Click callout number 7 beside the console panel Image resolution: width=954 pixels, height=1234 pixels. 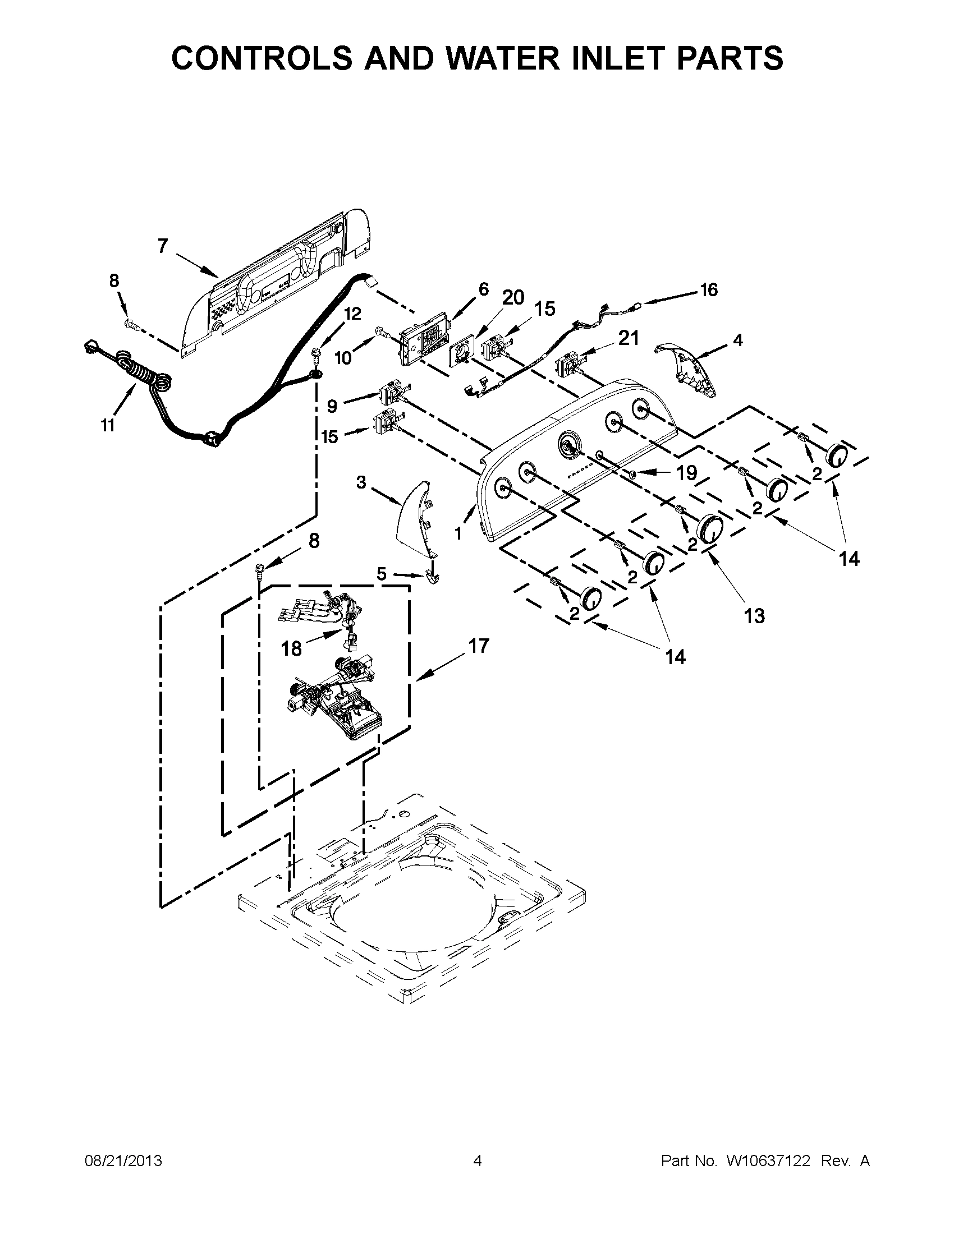tap(163, 246)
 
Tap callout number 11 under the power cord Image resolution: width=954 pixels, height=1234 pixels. tap(108, 426)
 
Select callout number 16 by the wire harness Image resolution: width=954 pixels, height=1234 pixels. tap(708, 290)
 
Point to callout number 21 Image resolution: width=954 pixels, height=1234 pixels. tap(629, 338)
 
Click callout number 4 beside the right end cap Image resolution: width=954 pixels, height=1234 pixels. tap(737, 340)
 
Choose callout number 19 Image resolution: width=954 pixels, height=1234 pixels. tap(687, 472)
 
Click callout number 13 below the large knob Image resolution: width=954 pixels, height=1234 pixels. tap(754, 615)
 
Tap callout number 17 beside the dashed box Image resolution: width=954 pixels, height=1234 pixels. tap(479, 645)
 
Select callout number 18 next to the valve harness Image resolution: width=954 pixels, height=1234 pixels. tap(292, 648)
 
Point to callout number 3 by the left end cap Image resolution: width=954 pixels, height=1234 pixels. tap(361, 482)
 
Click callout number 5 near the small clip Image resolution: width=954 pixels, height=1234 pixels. tap(382, 574)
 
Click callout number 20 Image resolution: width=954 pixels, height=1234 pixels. tap(513, 297)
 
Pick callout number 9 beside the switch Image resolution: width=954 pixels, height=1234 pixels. tap(332, 406)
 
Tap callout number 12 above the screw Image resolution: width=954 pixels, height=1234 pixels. tap(352, 314)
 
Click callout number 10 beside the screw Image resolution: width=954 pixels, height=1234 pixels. tap(343, 357)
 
